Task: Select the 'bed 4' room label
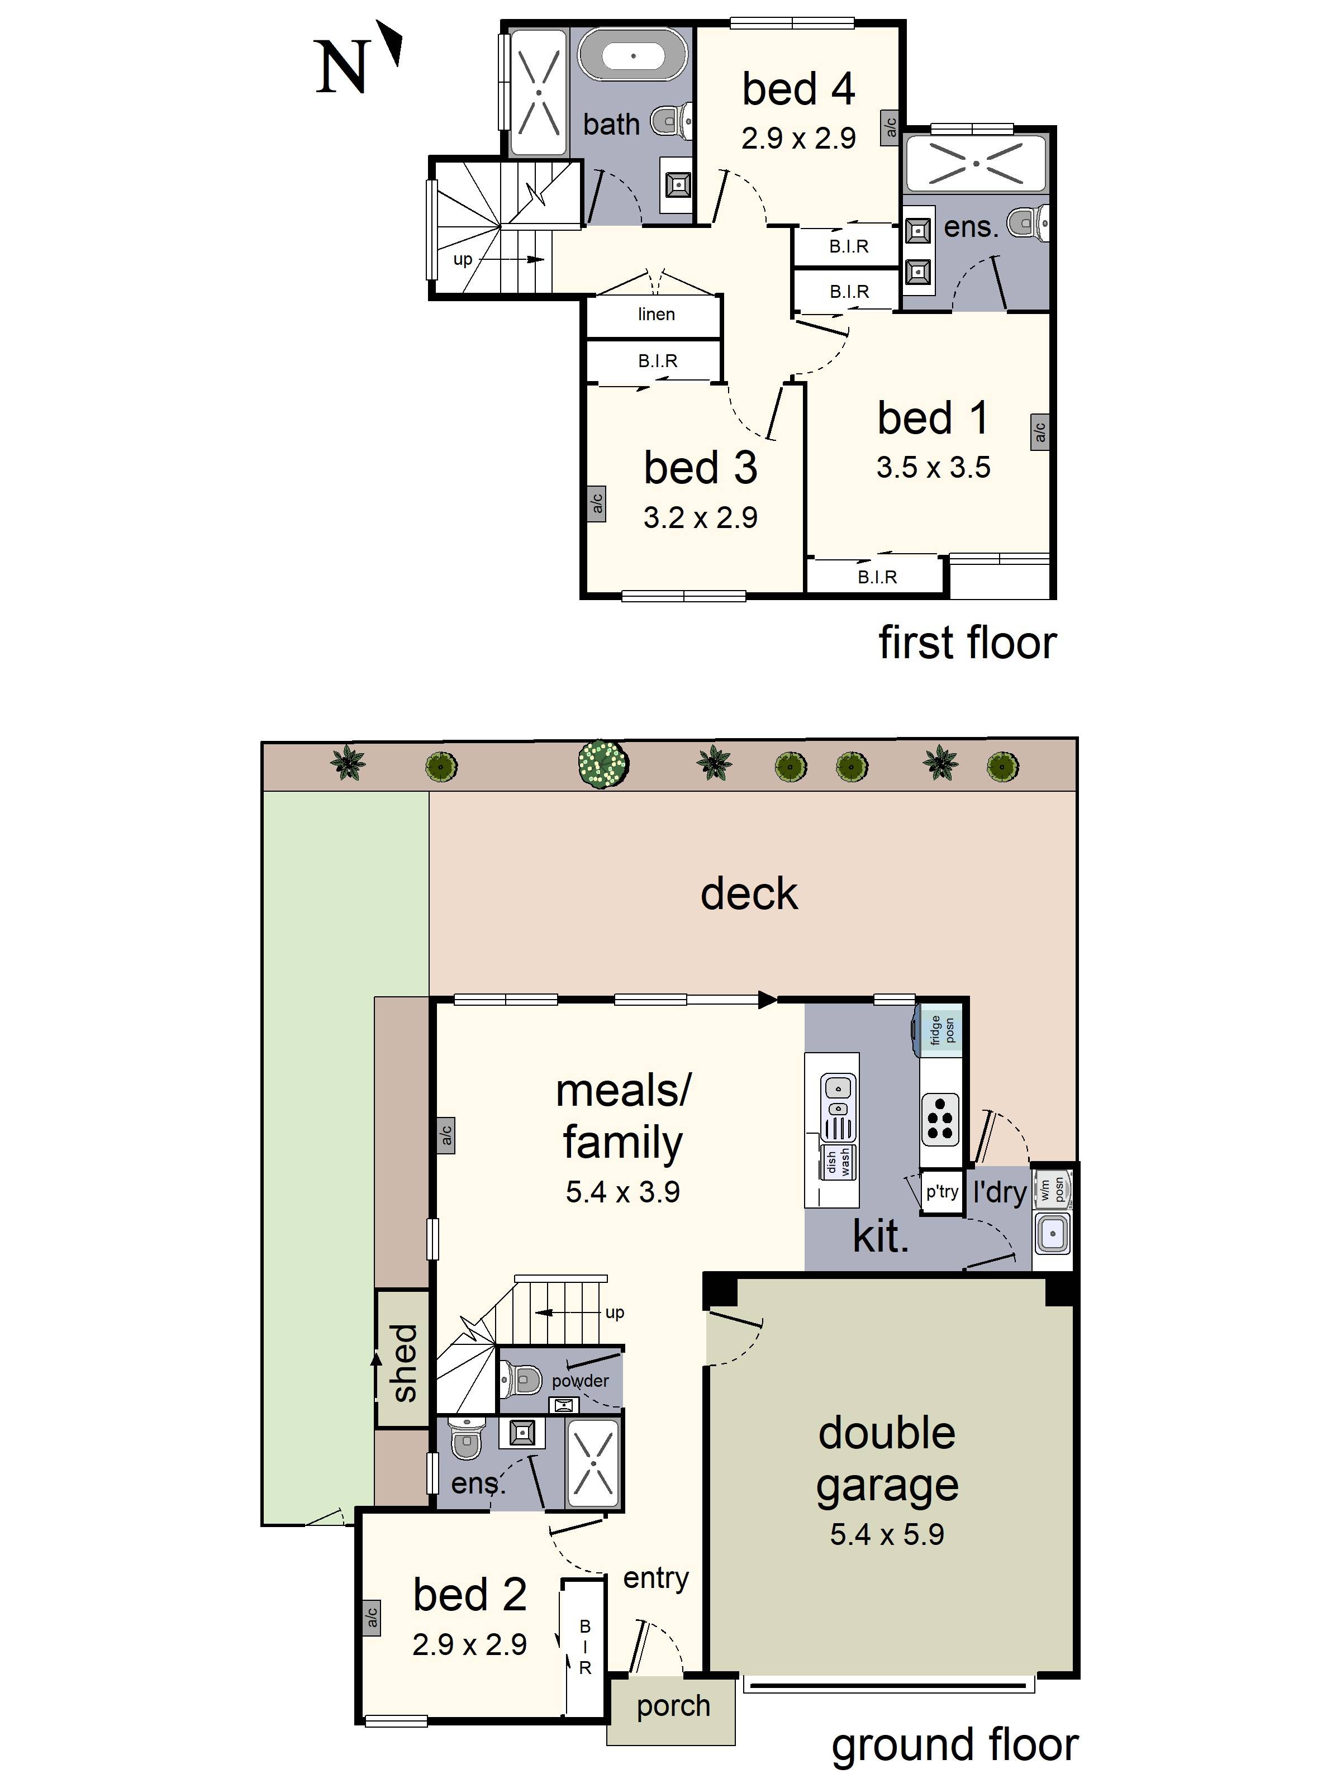[798, 89]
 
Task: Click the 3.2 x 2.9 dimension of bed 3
[700, 518]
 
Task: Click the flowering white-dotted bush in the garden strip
[604, 763]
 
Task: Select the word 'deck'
[749, 894]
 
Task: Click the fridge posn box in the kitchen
[941, 1030]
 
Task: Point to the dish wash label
[838, 1162]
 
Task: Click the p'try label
[941, 1191]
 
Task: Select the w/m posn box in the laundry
[1052, 1189]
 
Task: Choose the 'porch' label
[673, 1705]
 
